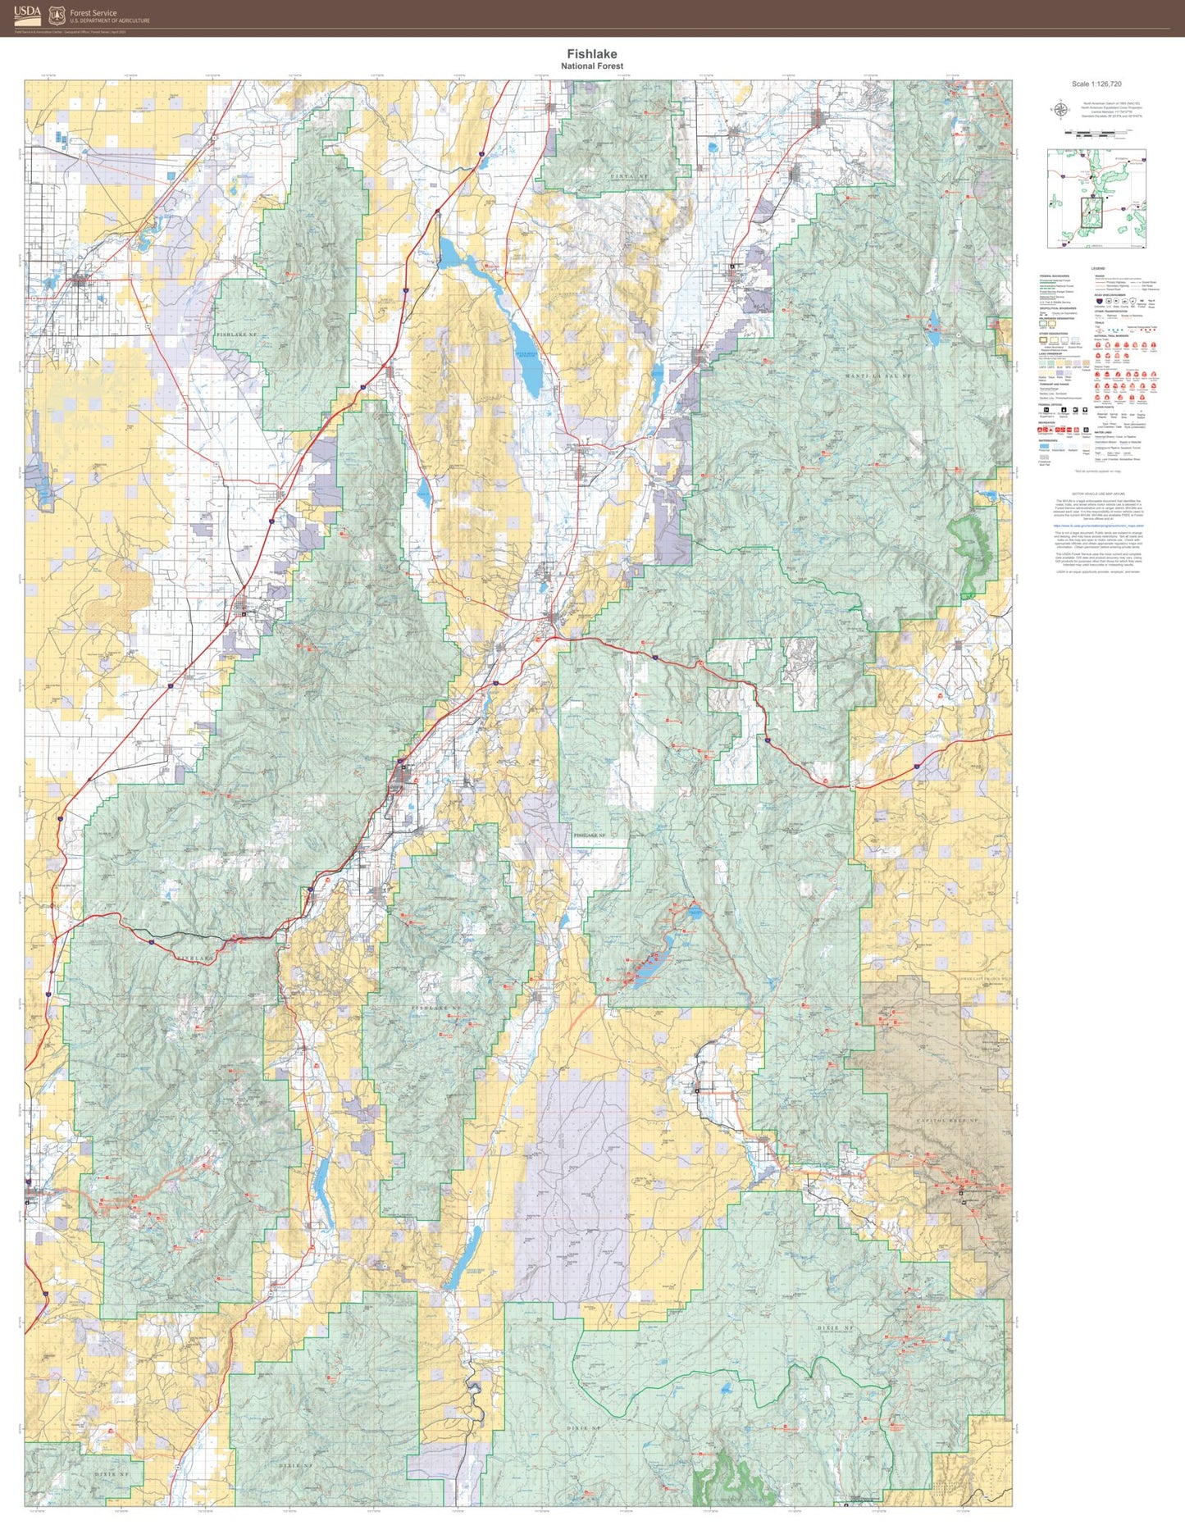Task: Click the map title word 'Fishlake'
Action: coord(591,54)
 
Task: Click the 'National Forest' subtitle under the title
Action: coord(591,66)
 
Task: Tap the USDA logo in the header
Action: coord(26,12)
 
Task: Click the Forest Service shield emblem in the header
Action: coord(57,15)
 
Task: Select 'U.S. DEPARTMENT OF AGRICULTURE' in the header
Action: coord(110,20)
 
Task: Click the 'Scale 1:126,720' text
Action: coord(1096,84)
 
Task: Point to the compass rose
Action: coord(1060,109)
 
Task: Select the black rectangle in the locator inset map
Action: coord(1092,211)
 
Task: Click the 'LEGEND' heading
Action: coord(1097,269)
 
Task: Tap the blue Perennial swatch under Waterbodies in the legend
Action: coord(1044,446)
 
